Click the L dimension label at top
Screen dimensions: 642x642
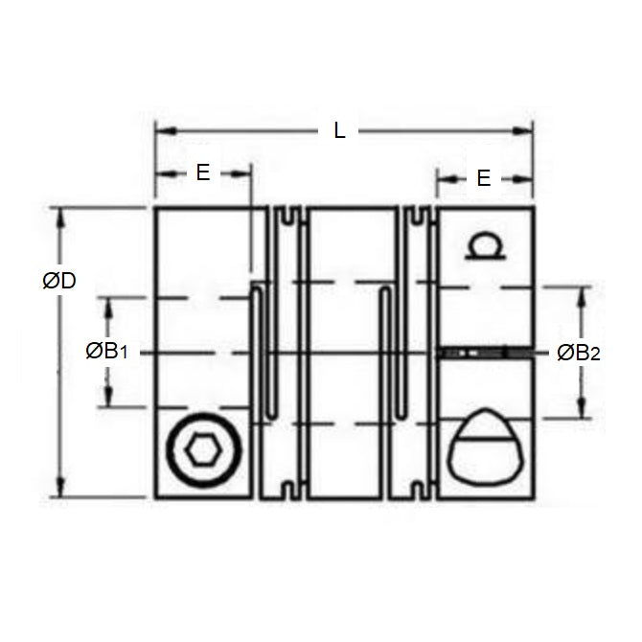[339, 131]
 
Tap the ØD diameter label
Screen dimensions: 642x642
[59, 281]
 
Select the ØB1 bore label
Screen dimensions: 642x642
[107, 352]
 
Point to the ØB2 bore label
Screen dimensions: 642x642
[579, 353]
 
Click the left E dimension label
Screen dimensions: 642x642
[203, 172]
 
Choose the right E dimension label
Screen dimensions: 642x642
[484, 178]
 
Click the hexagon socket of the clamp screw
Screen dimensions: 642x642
[204, 450]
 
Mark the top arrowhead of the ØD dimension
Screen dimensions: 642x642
[61, 217]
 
